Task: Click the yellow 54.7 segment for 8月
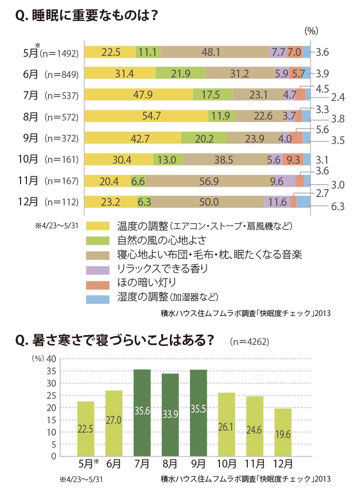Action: (x=146, y=116)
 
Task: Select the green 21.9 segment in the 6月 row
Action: (x=180, y=73)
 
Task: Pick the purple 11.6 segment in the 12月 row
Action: (x=277, y=202)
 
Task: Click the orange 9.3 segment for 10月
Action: (x=293, y=159)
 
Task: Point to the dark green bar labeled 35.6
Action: (x=142, y=413)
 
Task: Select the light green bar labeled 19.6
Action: (x=283, y=433)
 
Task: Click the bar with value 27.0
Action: (x=114, y=423)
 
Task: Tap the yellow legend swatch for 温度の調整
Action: (x=98, y=225)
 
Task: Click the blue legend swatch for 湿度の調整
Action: (x=98, y=299)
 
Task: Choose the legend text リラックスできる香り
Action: (x=163, y=269)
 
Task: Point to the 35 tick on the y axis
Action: (x=51, y=371)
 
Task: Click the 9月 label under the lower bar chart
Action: (x=198, y=464)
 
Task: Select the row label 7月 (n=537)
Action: (x=50, y=95)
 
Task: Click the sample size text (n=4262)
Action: (x=249, y=341)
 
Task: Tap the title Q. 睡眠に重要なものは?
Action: (x=87, y=15)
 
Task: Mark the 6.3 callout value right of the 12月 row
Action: (x=338, y=207)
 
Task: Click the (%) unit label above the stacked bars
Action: (x=311, y=30)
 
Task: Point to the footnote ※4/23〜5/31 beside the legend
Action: (x=56, y=225)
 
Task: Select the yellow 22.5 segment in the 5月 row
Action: (x=110, y=52)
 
